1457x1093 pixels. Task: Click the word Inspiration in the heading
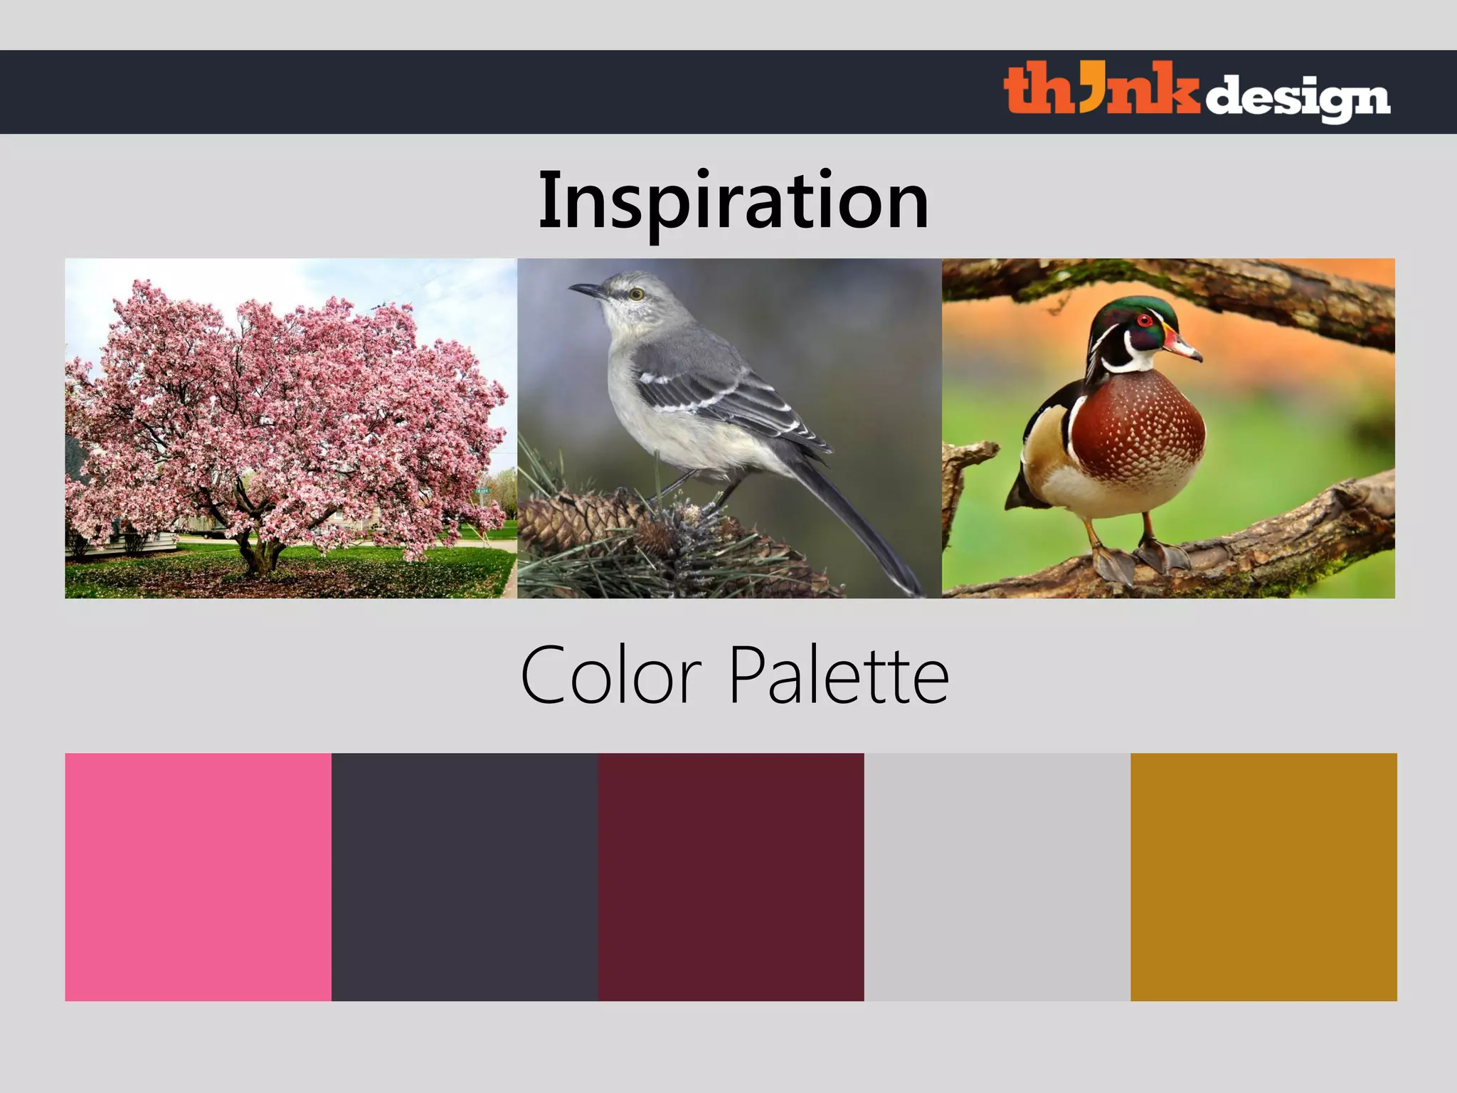[733, 201]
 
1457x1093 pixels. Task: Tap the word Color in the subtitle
[611, 675]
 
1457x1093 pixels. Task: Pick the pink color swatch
[198, 877]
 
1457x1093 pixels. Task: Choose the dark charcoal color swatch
[465, 877]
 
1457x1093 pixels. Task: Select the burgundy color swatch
[731, 877]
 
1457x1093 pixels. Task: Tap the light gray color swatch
[997, 877]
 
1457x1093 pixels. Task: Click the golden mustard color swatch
[1263, 877]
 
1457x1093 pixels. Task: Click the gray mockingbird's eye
[636, 293]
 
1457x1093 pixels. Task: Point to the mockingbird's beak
[585, 290]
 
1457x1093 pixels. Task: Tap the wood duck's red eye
[1145, 320]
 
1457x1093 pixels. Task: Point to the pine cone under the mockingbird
[583, 519]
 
